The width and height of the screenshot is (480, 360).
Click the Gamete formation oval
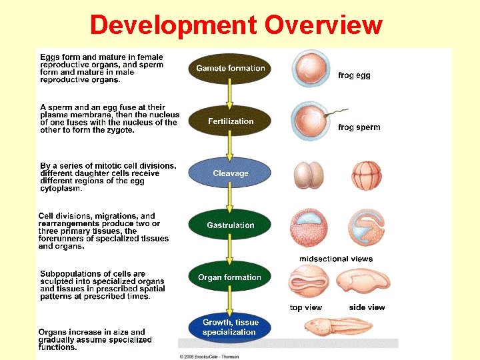(230, 69)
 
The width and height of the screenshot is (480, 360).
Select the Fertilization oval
(231, 121)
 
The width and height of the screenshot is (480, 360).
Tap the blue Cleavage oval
(231, 173)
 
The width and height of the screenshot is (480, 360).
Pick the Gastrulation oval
(231, 225)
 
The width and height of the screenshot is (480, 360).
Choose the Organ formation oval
(230, 277)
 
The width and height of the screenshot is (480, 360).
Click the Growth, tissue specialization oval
(230, 327)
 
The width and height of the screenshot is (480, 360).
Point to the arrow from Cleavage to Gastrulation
(230, 199)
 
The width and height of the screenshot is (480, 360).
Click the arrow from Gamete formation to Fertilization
(230, 95)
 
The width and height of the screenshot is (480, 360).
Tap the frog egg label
(354, 75)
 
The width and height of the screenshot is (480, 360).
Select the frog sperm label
(359, 127)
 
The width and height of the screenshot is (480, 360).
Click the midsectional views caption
(336, 259)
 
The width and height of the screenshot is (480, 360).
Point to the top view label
(306, 307)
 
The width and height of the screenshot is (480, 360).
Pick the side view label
(367, 307)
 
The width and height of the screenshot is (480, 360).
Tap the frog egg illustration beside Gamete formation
(309, 69)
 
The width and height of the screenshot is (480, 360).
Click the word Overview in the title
(323, 25)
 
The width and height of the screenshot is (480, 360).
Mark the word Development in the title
(173, 25)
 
